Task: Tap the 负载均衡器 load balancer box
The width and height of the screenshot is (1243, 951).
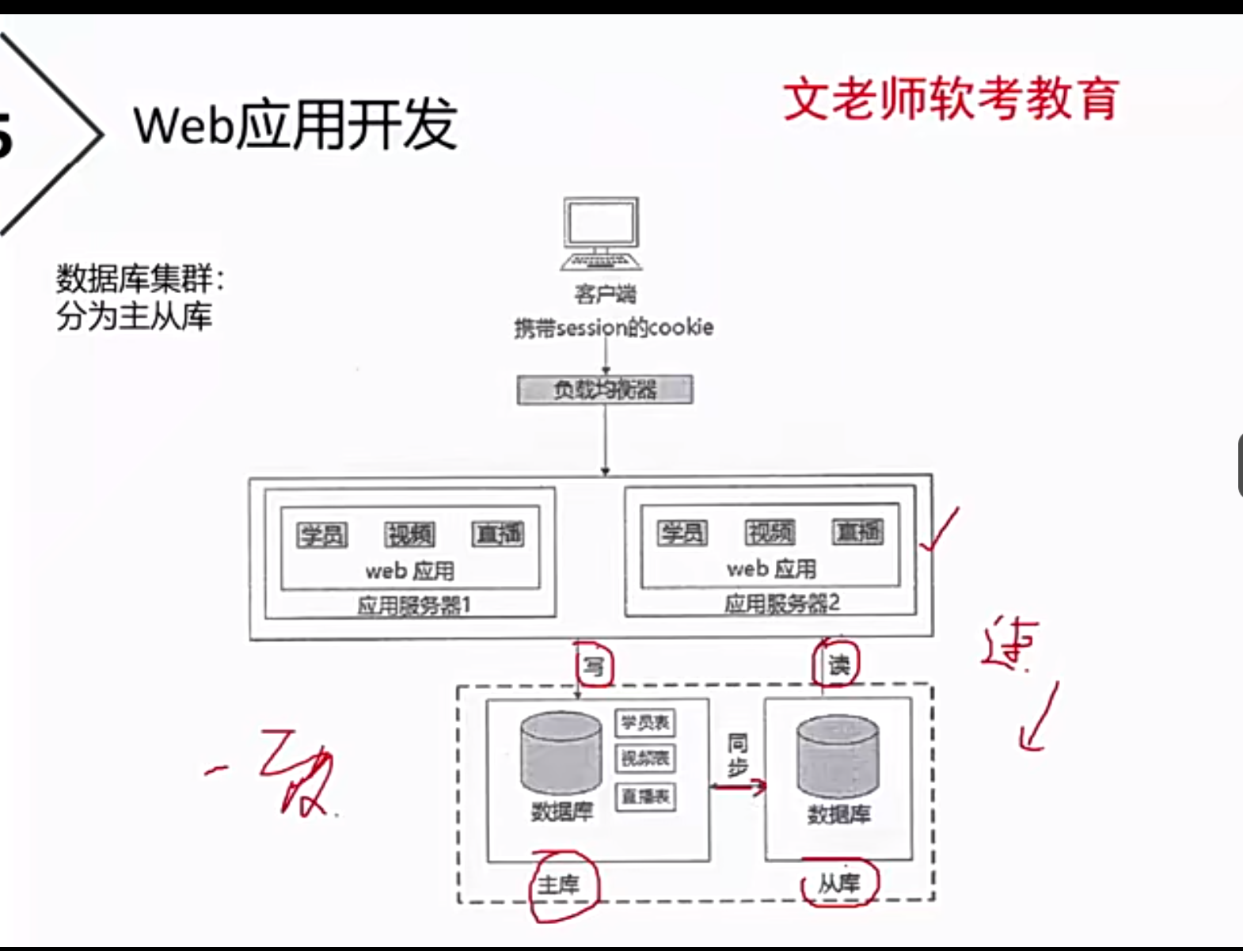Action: [605, 390]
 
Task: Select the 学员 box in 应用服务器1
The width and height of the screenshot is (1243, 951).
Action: [322, 535]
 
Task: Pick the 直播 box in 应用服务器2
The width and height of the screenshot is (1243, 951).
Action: [858, 532]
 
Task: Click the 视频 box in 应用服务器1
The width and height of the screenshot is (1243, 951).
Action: [410, 535]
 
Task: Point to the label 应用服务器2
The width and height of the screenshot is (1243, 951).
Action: [781, 603]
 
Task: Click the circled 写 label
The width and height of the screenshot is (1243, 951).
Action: [594, 666]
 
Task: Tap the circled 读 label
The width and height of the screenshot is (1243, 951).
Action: [838, 664]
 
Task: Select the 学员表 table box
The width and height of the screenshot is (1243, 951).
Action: [645, 722]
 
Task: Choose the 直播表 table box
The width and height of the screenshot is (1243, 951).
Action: [645, 796]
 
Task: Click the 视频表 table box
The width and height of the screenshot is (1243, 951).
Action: [645, 759]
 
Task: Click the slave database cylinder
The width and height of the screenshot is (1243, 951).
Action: [838, 756]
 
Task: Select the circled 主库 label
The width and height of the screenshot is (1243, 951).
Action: [559, 884]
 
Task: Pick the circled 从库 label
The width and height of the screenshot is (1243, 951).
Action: [838, 883]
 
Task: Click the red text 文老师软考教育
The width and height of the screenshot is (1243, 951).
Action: [951, 99]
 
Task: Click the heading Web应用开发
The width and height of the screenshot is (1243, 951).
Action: [295, 124]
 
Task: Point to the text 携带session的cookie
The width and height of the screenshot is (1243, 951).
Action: [614, 327]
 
